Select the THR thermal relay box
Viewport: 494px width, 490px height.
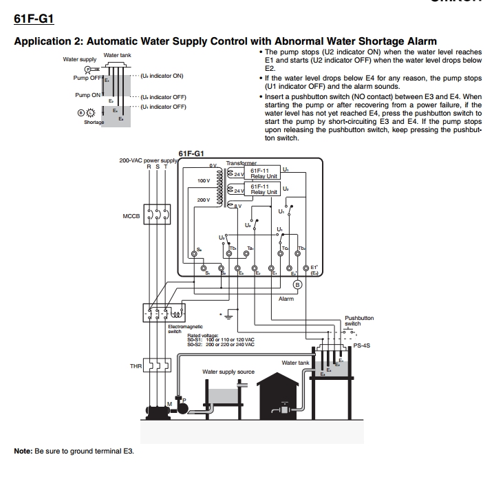click(156, 366)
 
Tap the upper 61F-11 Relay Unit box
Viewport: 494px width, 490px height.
click(264, 173)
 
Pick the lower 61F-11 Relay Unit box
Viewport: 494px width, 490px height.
click(264, 189)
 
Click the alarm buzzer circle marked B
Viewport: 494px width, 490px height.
click(297, 284)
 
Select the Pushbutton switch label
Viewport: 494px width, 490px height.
click(359, 321)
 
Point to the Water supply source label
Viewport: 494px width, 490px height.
click(228, 372)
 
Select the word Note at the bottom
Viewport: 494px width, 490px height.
click(23, 451)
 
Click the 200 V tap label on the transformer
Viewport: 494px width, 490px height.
click(203, 200)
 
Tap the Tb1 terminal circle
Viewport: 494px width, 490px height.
click(237, 267)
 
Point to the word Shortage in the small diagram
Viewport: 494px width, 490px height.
click(94, 122)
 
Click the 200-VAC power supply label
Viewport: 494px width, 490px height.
click(149, 160)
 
